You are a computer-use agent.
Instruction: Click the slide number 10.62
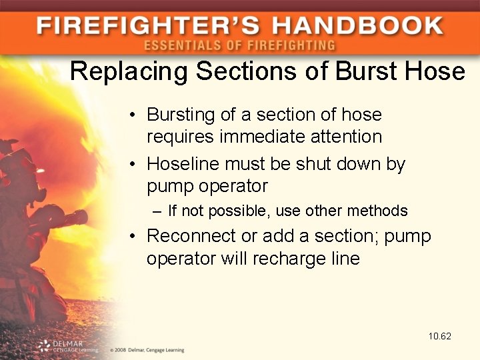[440, 336]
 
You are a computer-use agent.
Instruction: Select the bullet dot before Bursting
[134, 115]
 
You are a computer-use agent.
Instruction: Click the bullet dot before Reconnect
[134, 237]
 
